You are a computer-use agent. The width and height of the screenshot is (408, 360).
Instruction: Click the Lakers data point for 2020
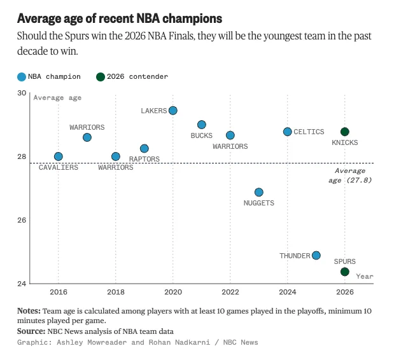pyautogui.click(x=173, y=111)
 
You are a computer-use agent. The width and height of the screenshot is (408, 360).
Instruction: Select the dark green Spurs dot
pyautogui.click(x=345, y=272)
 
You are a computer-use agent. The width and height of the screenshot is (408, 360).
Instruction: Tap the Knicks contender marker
pyautogui.click(x=345, y=132)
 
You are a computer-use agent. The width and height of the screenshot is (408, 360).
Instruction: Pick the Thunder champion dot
pyautogui.click(x=316, y=255)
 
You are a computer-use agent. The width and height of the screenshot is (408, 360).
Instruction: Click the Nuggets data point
pyautogui.click(x=259, y=192)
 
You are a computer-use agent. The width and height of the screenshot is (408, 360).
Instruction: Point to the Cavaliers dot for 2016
pyautogui.click(x=59, y=156)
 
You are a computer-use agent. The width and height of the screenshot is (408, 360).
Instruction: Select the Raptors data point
pyautogui.click(x=144, y=148)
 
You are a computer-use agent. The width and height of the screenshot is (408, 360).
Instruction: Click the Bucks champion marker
pyautogui.click(x=202, y=125)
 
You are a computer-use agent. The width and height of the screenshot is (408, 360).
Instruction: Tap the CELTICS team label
pyautogui.click(x=309, y=132)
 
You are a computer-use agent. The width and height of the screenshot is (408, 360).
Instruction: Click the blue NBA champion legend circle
pyautogui.click(x=22, y=77)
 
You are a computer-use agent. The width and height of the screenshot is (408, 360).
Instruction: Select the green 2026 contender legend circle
pyautogui.click(x=101, y=77)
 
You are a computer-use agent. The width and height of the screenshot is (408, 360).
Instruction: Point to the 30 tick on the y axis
pyautogui.click(x=22, y=93)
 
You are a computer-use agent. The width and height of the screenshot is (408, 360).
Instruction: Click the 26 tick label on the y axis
pyautogui.click(x=22, y=220)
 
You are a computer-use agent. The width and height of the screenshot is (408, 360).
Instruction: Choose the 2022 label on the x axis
pyautogui.click(x=230, y=292)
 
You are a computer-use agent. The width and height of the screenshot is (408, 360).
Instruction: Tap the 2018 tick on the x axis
pyautogui.click(x=116, y=292)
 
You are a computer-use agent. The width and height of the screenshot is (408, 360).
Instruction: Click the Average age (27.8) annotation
pyautogui.click(x=350, y=176)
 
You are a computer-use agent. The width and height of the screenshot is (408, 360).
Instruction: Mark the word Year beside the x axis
pyautogui.click(x=365, y=276)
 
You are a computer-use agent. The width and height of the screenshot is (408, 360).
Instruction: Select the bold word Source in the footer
pyautogui.click(x=29, y=331)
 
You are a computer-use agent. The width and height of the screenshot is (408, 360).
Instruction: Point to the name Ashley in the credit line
pyautogui.click(x=70, y=342)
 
